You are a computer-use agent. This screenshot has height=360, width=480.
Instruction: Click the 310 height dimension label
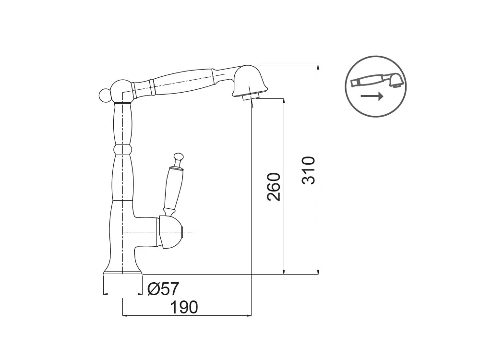(309, 170)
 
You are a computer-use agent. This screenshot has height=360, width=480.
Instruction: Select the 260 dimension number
(274, 187)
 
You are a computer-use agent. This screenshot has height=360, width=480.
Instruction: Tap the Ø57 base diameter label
(163, 288)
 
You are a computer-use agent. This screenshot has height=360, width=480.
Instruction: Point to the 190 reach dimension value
(184, 307)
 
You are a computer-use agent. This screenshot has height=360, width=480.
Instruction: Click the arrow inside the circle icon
(372, 96)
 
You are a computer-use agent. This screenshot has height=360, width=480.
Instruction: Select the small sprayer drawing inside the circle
(377, 81)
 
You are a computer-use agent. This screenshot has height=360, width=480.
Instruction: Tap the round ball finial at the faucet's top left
(104, 95)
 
